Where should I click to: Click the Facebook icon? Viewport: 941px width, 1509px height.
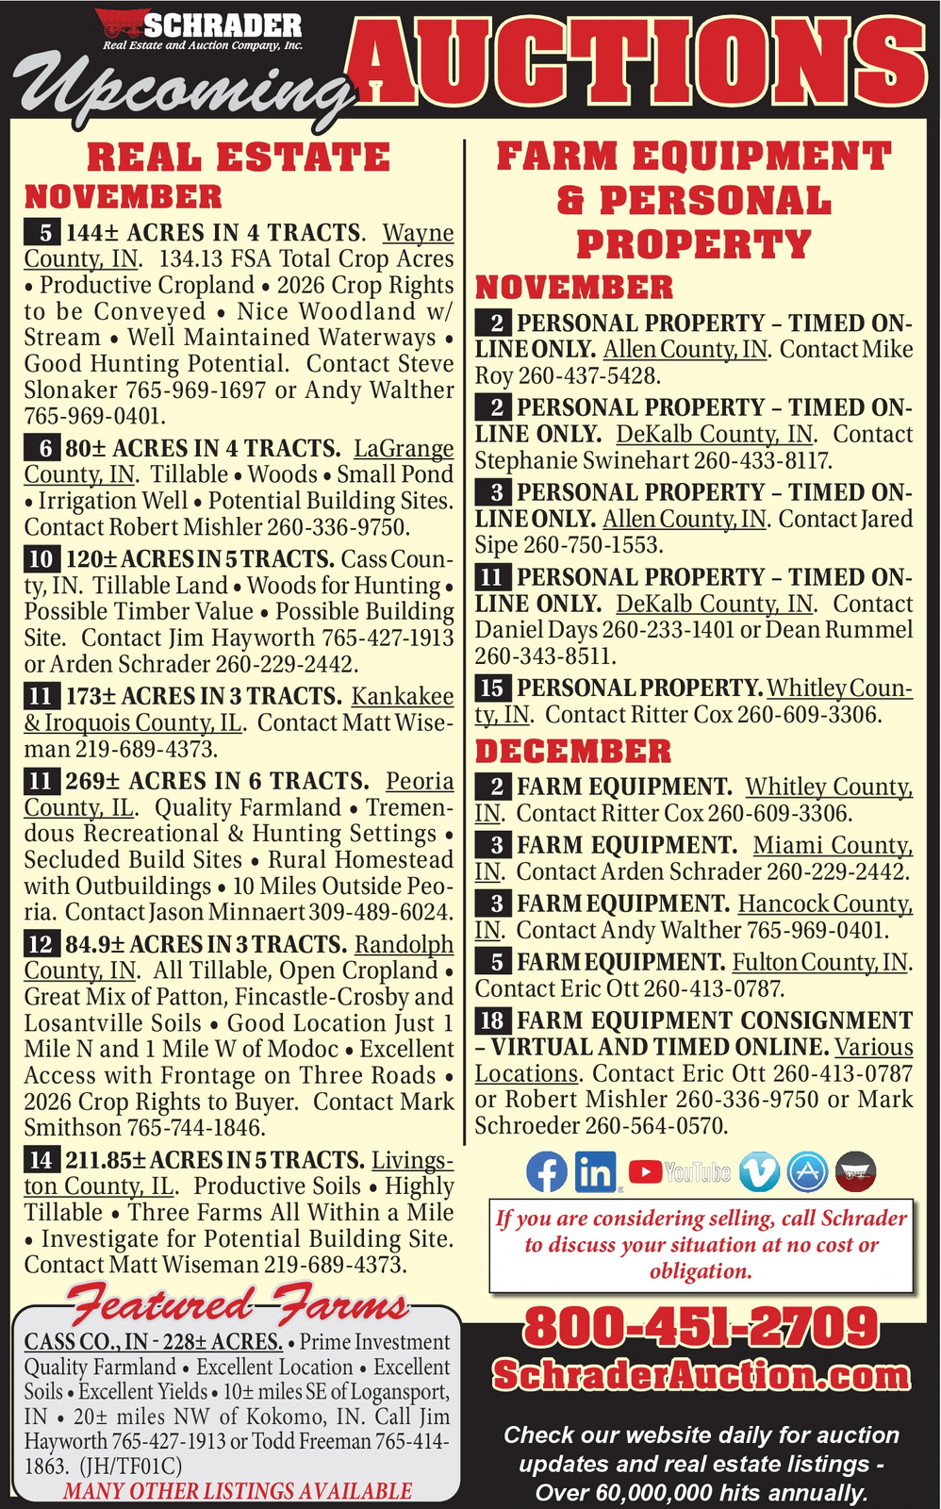click(x=547, y=1171)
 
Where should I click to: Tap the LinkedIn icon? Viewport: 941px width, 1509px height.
click(x=595, y=1171)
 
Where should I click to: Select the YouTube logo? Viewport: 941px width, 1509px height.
click(x=680, y=1172)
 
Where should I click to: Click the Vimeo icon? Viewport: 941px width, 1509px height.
click(x=760, y=1171)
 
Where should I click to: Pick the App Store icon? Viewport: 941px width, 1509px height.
click(x=808, y=1171)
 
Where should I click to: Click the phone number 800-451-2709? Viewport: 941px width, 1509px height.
click(x=702, y=1327)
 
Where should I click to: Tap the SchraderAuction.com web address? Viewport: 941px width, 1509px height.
click(x=702, y=1376)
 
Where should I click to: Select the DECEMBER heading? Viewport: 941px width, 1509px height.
click(x=573, y=752)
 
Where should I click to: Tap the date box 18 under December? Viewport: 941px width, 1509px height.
click(x=494, y=1020)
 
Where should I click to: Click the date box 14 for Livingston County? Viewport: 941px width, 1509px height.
click(x=41, y=1160)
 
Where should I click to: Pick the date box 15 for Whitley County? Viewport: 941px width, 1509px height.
click(x=494, y=688)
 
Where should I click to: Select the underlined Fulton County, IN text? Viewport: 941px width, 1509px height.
click(x=821, y=962)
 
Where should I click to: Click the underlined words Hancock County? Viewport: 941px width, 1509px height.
click(x=825, y=904)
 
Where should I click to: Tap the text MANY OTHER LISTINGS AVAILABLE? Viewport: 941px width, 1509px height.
click(x=238, y=1491)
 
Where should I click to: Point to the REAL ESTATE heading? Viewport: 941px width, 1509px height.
click(x=238, y=158)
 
